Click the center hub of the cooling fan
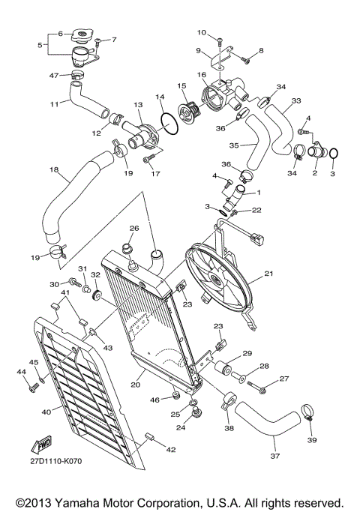point(215,281)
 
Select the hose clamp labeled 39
point(307,411)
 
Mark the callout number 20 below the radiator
point(136,385)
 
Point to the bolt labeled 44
point(34,388)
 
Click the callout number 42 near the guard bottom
point(172,450)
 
